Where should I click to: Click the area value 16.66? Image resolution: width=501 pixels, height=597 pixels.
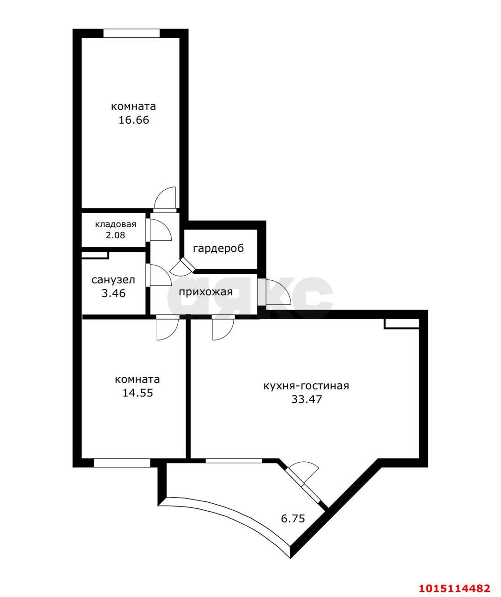click(133, 120)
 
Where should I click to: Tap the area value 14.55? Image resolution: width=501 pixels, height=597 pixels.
click(138, 393)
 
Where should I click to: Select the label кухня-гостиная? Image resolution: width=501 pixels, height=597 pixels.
click(306, 386)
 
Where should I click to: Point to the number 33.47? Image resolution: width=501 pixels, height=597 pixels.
click(306, 399)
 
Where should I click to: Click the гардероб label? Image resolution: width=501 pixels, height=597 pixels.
click(218, 248)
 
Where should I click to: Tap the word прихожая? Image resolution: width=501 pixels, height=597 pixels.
click(206, 292)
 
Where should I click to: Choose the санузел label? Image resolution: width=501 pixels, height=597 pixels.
click(113, 280)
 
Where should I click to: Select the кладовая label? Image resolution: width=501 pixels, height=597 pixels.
click(116, 224)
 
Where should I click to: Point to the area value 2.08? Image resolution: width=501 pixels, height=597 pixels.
click(116, 236)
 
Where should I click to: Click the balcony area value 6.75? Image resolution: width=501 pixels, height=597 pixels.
click(293, 518)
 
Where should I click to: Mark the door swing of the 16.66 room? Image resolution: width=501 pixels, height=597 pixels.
click(165, 198)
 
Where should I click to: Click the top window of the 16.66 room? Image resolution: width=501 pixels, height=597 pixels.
click(131, 34)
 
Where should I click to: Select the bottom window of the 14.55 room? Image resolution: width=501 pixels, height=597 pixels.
click(122, 463)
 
